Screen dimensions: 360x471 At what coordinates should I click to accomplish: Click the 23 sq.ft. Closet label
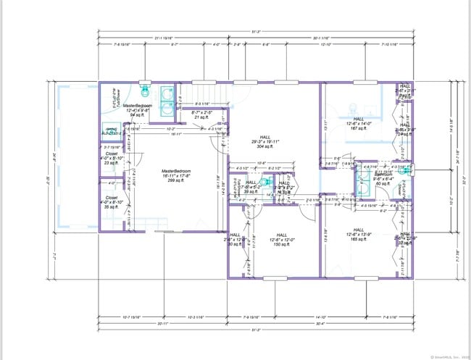[x=111, y=158]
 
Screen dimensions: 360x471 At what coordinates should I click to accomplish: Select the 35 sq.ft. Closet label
[x=111, y=201]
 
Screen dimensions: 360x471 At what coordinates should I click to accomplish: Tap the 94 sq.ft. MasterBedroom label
[x=142, y=110]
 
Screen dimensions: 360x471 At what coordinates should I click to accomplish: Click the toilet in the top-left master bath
[x=146, y=92]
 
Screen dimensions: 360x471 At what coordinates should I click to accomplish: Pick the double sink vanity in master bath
[x=167, y=101]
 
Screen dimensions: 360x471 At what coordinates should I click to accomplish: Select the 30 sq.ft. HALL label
[x=235, y=239]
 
